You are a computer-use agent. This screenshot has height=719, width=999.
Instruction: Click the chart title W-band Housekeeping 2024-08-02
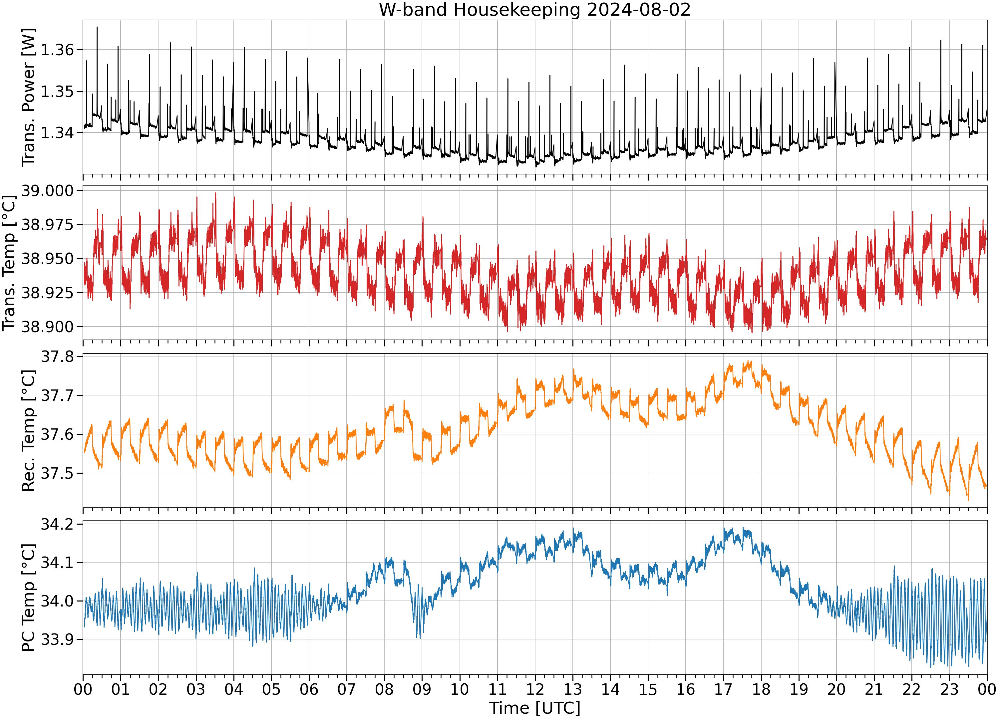(535, 10)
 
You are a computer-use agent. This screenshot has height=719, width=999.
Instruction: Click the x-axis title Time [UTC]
(535, 708)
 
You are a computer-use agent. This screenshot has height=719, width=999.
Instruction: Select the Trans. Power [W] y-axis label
(29, 97)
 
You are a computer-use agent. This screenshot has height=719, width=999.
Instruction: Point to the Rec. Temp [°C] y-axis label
(29, 430)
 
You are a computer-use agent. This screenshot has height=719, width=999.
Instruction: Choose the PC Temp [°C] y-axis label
(29, 598)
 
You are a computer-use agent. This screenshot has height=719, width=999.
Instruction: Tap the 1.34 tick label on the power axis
(58, 132)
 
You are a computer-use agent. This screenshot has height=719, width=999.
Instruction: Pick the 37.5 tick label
(58, 473)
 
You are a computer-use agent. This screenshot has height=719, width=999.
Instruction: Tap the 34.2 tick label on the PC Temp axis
(58, 524)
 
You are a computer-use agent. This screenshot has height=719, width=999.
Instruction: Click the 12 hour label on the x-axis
(535, 689)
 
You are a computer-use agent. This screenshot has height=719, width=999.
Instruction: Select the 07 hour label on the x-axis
(347, 689)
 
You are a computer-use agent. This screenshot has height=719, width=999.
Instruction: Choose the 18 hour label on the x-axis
(761, 689)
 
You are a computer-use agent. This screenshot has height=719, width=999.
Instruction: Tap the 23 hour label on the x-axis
(949, 689)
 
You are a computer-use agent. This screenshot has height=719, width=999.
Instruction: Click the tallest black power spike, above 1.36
(97, 27)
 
